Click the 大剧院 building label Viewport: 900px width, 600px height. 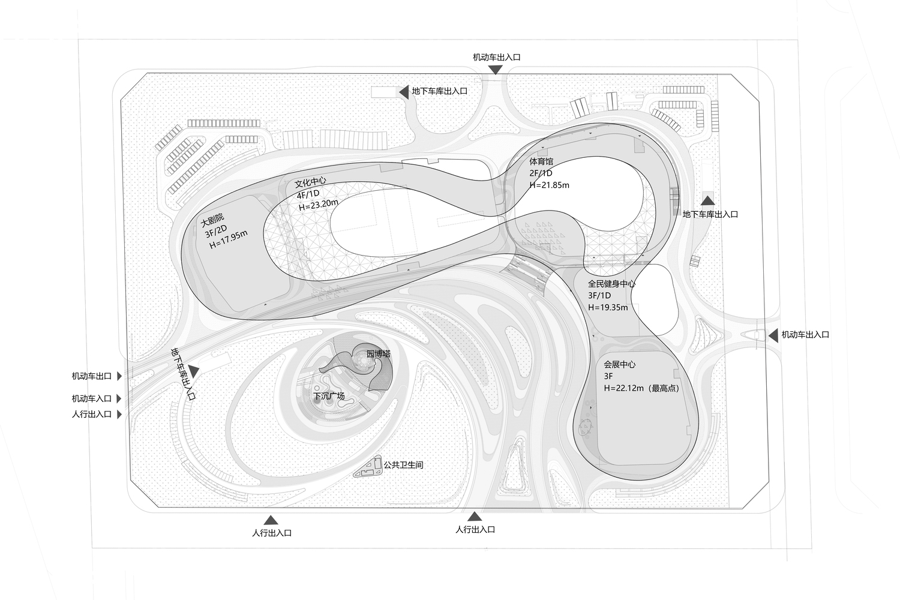[212, 220]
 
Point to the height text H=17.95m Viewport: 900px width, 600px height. [228, 239]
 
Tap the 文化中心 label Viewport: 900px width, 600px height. [310, 183]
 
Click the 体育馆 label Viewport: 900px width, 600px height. [541, 161]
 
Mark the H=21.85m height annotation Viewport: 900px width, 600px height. [549, 185]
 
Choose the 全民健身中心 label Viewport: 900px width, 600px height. [611, 284]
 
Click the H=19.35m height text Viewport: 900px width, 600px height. [608, 307]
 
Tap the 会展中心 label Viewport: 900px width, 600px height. [620, 365]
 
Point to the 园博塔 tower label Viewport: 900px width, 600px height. [379, 354]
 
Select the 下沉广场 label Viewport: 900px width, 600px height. [329, 396]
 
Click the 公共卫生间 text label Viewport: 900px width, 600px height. [403, 465]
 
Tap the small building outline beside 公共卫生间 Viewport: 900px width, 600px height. [368, 467]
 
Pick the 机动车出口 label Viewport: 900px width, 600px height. [92, 376]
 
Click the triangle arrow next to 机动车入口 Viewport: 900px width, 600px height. [119, 398]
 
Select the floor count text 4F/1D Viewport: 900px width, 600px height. [308, 194]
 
